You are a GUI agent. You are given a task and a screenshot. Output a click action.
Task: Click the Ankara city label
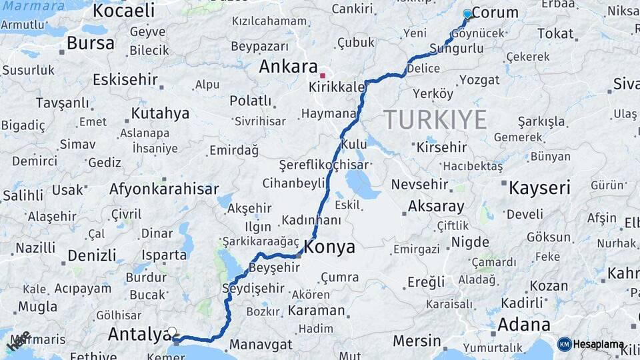tap(288, 67)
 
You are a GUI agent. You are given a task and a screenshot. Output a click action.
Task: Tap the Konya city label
tap(329, 247)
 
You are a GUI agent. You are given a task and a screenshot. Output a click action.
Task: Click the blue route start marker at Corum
tap(467, 14)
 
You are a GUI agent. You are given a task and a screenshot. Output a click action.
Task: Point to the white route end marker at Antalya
tap(173, 332)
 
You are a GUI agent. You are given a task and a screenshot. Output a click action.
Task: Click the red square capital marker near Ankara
tap(323, 75)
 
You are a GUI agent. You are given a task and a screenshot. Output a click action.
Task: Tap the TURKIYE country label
tap(435, 120)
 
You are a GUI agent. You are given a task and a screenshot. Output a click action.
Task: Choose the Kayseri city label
tap(539, 187)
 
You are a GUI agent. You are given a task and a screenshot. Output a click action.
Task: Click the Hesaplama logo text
tap(599, 345)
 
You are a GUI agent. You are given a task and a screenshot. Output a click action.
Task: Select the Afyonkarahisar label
tap(164, 189)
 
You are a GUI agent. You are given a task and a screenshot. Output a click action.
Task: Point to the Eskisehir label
tap(125, 80)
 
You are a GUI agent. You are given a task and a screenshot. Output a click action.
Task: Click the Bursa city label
tap(91, 43)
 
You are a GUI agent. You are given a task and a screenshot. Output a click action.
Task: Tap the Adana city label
tap(523, 325)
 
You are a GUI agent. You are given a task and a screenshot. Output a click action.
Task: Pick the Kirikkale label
tap(337, 87)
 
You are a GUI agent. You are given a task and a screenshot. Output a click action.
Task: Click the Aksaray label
tap(435, 205)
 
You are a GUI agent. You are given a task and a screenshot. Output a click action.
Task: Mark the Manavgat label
tap(261, 345)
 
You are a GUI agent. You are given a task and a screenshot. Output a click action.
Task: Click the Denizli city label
tap(92, 255)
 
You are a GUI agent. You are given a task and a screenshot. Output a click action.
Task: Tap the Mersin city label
tap(417, 341)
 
